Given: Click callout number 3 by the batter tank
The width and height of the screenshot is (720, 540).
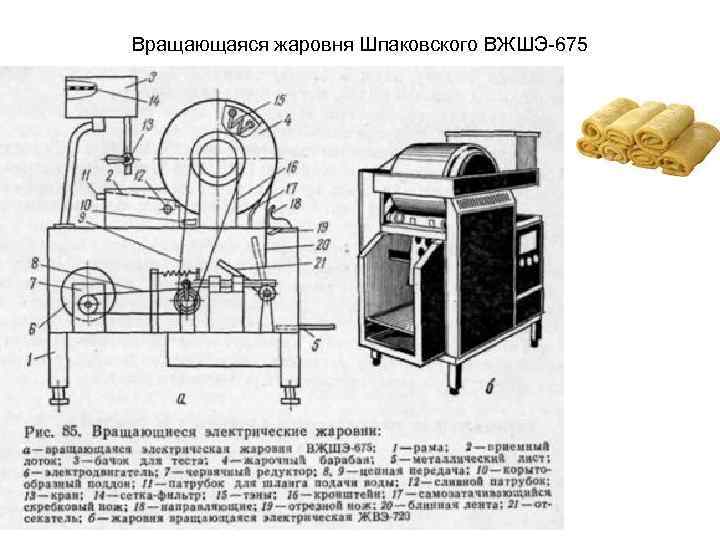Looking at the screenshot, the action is coord(152,77).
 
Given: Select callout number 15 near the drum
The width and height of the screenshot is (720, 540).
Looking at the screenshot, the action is coord(279,98).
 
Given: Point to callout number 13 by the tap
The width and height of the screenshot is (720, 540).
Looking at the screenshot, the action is coord(147,123).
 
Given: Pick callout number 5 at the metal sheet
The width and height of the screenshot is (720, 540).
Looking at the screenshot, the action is coord(318,346).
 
